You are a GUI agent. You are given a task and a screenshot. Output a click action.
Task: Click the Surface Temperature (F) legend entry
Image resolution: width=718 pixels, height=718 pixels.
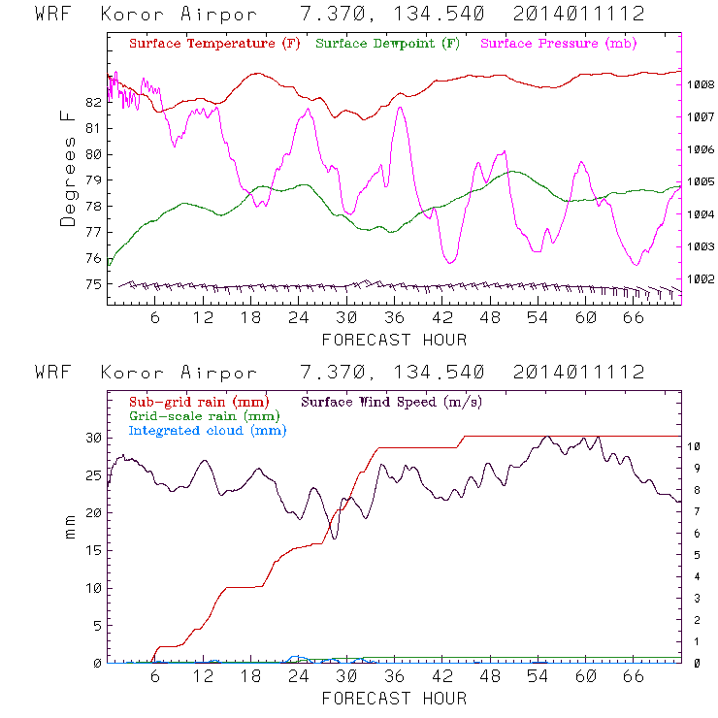click(214, 44)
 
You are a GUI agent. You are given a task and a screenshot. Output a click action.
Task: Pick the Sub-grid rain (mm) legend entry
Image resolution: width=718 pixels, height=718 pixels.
click(199, 401)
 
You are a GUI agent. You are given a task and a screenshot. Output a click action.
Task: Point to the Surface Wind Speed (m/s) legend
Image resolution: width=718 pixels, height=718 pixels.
click(392, 401)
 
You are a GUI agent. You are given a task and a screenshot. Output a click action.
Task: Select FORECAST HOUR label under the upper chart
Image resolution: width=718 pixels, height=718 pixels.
click(394, 341)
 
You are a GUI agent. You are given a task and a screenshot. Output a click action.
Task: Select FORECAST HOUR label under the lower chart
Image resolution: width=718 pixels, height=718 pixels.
click(394, 699)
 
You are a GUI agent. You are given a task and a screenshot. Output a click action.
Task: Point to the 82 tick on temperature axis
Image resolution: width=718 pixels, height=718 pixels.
click(93, 102)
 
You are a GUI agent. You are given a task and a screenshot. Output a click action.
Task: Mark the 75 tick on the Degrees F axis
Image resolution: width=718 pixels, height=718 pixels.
click(93, 284)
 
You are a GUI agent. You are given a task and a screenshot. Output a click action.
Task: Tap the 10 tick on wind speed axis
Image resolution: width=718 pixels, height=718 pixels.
click(696, 447)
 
